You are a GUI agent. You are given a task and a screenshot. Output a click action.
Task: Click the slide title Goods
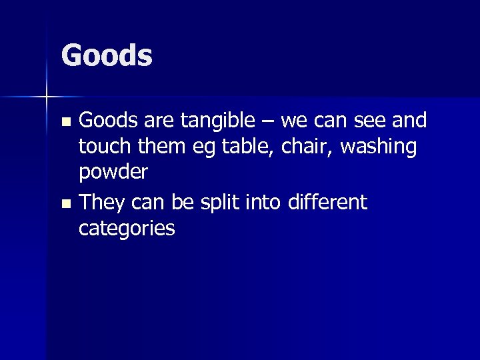point(107,55)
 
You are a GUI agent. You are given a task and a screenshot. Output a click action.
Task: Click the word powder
point(113,173)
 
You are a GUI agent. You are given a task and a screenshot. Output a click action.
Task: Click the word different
point(328,202)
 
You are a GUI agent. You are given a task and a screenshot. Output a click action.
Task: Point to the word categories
point(127,229)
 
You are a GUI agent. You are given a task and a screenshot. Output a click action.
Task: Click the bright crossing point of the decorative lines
point(47,97)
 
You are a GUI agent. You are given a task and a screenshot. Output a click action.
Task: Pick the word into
point(265,202)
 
